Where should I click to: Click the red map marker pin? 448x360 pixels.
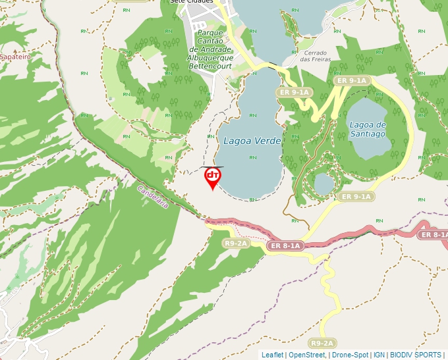(x=212, y=177)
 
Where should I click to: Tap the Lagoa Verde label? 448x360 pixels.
(x=252, y=141)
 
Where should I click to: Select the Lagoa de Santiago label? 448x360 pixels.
(x=367, y=129)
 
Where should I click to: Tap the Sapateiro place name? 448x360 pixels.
(x=15, y=57)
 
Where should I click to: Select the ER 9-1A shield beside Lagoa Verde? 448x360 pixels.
(x=294, y=92)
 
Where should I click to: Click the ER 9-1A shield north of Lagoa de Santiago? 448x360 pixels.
(x=350, y=80)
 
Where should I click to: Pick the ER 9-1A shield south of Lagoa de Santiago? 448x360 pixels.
(x=356, y=196)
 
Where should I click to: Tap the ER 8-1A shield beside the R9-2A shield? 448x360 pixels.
(x=285, y=245)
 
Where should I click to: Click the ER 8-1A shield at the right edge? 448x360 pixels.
(x=434, y=234)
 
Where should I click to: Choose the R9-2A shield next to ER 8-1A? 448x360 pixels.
(x=236, y=244)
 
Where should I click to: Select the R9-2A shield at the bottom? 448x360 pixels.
(x=322, y=343)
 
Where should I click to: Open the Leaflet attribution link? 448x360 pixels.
(x=272, y=355)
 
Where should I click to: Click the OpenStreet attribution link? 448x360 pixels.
(x=307, y=355)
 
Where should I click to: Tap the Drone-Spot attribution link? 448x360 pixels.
(x=349, y=355)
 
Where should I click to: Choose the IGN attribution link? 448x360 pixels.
(x=378, y=355)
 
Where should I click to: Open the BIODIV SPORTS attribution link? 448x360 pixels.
(x=416, y=355)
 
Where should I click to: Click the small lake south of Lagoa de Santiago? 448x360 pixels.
(x=323, y=184)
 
